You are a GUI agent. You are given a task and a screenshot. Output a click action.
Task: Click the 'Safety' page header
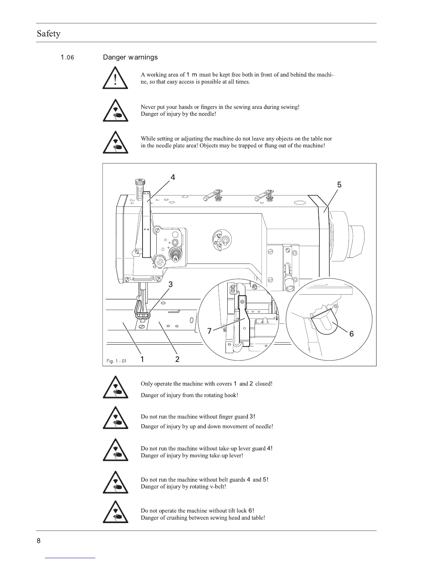(x=49, y=34)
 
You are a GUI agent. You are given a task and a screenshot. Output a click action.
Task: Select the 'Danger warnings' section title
(x=130, y=57)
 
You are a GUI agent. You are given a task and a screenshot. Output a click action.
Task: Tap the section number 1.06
(x=67, y=57)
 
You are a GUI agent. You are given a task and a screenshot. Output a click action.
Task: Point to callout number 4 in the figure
(x=173, y=177)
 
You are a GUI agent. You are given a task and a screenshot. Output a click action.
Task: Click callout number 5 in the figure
(x=339, y=185)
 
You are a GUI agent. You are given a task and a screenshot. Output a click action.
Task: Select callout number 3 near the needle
(x=171, y=284)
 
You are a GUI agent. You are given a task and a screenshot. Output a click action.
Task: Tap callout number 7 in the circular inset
(x=209, y=331)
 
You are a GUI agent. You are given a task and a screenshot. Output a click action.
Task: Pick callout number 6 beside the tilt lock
(x=351, y=334)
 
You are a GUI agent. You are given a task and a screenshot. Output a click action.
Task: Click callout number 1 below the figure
(x=142, y=359)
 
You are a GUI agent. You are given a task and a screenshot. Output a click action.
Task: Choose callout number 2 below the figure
(x=177, y=359)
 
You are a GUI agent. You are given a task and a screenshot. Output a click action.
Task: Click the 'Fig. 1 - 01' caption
(x=116, y=361)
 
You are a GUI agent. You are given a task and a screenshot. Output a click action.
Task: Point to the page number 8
(x=39, y=541)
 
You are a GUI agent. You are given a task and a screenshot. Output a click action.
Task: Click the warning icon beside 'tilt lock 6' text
(x=115, y=512)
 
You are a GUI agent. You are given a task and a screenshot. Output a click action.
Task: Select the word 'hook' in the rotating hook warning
(x=230, y=395)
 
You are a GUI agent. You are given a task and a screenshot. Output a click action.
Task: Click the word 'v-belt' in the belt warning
(x=217, y=487)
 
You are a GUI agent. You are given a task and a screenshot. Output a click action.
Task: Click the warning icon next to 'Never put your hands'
(x=115, y=111)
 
